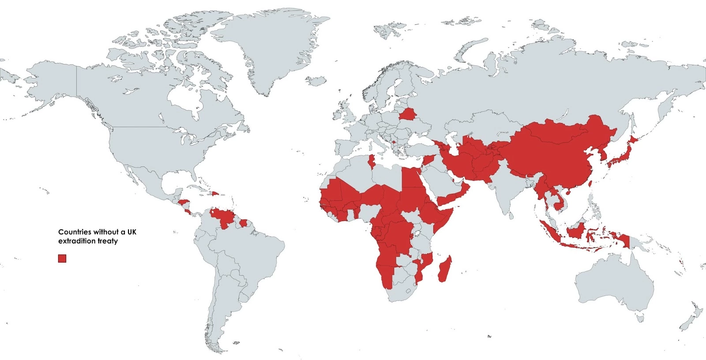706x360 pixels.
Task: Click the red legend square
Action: (62, 259)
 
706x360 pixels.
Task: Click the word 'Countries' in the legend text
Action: (75, 232)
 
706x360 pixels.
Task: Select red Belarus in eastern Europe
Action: (407, 115)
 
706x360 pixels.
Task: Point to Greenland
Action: (265, 49)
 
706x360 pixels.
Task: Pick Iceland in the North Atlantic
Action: (315, 81)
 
